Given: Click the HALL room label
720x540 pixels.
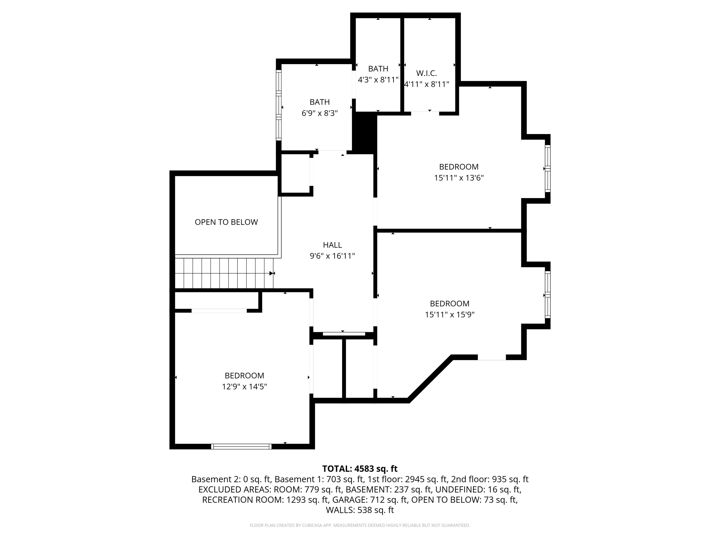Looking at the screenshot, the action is tap(332, 245).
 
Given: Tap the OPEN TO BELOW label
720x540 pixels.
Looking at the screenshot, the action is tap(226, 222).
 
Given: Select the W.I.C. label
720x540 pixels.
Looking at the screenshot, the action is tap(426, 73).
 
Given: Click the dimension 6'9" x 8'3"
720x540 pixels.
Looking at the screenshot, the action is tap(320, 113).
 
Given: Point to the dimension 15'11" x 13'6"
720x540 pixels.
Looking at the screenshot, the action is tap(459, 178).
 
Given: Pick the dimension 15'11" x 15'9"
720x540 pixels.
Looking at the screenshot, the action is tap(450, 314).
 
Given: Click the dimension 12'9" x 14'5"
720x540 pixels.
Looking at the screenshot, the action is tap(245, 386).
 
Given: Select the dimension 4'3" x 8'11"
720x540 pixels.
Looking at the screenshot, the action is tap(378, 80).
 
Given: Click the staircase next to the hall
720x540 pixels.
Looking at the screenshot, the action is tap(224, 273).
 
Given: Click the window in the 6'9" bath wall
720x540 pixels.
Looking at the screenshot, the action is tap(279, 105).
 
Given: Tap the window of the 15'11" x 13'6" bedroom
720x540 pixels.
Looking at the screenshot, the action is tap(548, 169).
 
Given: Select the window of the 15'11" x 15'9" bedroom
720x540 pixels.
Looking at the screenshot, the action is tap(548, 294).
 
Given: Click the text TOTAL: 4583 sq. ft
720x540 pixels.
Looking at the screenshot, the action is tap(360, 469).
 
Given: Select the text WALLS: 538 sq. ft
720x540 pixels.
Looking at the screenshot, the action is tap(360, 510).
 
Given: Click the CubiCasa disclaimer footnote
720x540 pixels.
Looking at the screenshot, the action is tap(360, 525).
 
